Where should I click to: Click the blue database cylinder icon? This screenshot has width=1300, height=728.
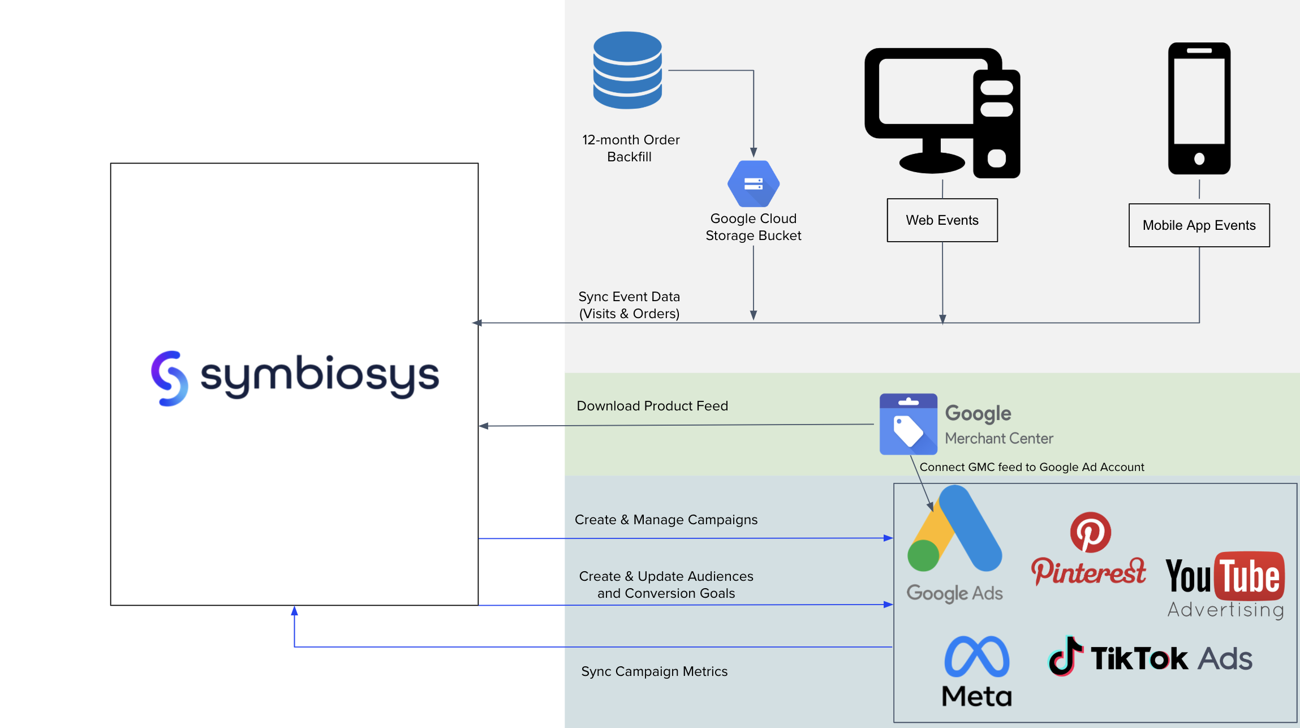tap(627, 70)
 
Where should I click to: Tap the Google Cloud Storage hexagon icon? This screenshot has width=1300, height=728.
tap(754, 184)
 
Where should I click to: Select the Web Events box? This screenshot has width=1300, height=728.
tap(942, 220)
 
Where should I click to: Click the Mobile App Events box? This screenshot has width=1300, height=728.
tap(1199, 225)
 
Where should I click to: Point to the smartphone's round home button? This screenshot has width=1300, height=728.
tap(1199, 159)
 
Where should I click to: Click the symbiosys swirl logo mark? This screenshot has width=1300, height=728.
tap(169, 378)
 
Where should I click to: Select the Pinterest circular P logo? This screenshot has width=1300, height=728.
tap(1090, 532)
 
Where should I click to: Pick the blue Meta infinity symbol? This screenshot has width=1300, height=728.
tap(976, 657)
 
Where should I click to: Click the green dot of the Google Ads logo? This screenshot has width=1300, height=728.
tap(923, 555)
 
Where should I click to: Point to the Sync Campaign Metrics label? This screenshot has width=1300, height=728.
tap(654, 671)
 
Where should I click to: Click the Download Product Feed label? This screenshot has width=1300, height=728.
tap(652, 406)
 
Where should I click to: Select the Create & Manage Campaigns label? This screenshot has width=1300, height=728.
tap(666, 520)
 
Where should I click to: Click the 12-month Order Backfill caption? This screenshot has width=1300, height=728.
tap(631, 148)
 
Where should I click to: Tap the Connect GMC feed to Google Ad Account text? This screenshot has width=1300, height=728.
tap(1031, 467)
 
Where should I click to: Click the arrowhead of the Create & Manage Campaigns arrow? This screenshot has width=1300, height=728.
tap(889, 538)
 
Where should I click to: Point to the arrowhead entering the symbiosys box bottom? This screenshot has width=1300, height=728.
tap(294, 610)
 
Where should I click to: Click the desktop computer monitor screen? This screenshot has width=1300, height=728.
tap(926, 91)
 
